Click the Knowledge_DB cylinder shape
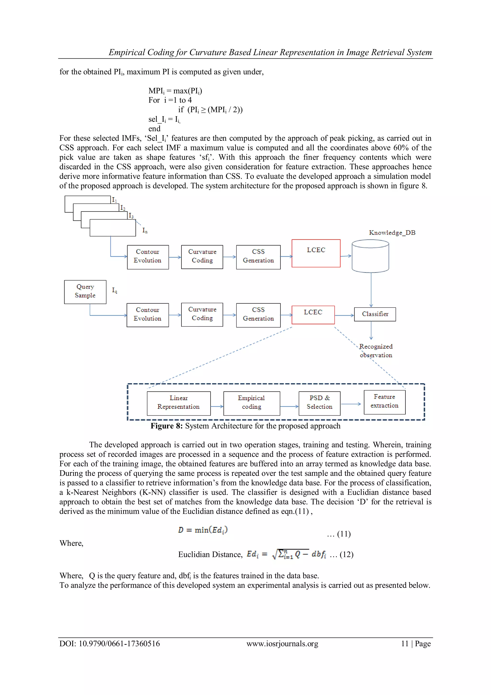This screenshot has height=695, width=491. pos(370,256)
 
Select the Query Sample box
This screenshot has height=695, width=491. pos(85,292)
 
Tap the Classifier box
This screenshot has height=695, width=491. pos(375,314)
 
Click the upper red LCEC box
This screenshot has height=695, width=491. pos(316,253)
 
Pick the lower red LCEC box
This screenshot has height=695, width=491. pos(313,315)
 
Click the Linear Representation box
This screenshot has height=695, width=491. pos(179,403)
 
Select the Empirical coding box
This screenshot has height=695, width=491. pos(251,403)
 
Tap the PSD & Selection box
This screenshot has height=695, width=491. pos(319,403)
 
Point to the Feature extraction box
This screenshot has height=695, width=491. pos(385,402)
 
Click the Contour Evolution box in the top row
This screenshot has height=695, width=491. pos(147,257)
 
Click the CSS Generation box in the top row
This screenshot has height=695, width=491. pos(258,257)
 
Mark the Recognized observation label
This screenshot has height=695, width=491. pos(376,351)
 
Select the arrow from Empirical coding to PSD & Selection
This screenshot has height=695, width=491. pos(289,407)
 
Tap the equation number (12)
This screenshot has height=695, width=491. pos(346,555)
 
